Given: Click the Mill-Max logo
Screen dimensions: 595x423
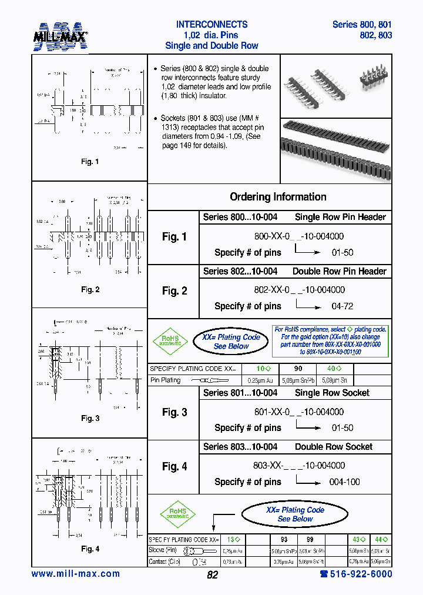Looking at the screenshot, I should pos(60,36).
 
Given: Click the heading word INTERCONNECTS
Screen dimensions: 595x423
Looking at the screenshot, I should pos(211,25).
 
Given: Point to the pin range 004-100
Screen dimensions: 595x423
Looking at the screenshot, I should pos(345,482).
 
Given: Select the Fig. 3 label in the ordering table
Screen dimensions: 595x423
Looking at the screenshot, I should pos(174,413).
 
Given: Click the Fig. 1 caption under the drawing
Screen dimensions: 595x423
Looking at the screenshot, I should pos(89,162).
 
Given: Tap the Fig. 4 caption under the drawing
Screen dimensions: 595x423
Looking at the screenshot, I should pos(89,549).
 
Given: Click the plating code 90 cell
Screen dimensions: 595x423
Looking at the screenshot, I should pos(298,369).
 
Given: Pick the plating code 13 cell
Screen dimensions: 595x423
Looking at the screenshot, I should pos(234,539).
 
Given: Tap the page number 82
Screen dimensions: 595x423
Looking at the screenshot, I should pos(213,575).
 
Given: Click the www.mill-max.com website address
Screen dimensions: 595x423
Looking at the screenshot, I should pos(76,574).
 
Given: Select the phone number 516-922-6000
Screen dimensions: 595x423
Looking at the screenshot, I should pos(355,574).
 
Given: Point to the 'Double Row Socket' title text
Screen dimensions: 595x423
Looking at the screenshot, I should pos(334,447).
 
